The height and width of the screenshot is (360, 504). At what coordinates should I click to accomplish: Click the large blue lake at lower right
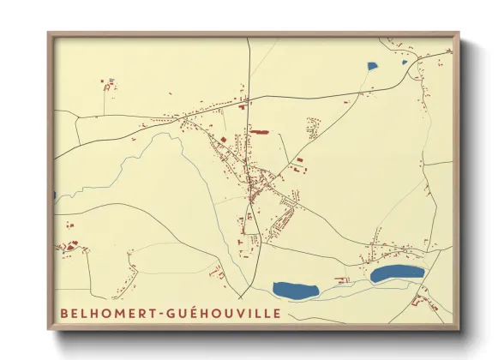[397, 273]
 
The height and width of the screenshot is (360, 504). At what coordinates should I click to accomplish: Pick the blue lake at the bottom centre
[295, 290]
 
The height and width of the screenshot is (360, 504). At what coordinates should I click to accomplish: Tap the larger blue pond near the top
[372, 66]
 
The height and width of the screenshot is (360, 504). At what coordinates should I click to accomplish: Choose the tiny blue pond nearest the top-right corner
[405, 61]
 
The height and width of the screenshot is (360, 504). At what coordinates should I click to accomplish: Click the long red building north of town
[258, 132]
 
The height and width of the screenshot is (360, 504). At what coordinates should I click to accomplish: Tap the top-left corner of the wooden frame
[50, 35]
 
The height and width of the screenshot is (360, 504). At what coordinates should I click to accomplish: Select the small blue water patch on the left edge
[56, 195]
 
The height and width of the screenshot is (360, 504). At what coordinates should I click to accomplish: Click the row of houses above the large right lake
[390, 251]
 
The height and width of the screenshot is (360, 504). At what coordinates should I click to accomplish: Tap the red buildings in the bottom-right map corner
[423, 298]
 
